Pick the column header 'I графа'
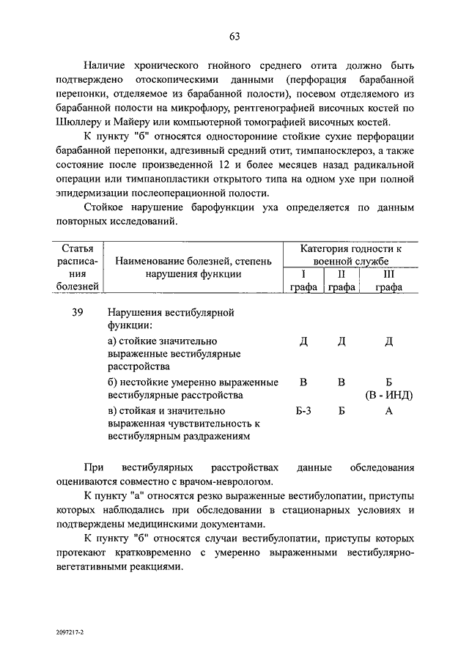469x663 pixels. point(303,281)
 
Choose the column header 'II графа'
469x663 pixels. point(341,281)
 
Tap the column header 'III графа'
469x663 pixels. point(389,281)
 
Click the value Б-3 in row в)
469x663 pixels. point(303,411)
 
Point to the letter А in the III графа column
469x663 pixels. point(389,411)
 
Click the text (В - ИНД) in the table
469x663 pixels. point(389,395)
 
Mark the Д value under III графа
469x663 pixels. point(389,341)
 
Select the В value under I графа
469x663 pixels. point(303,382)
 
